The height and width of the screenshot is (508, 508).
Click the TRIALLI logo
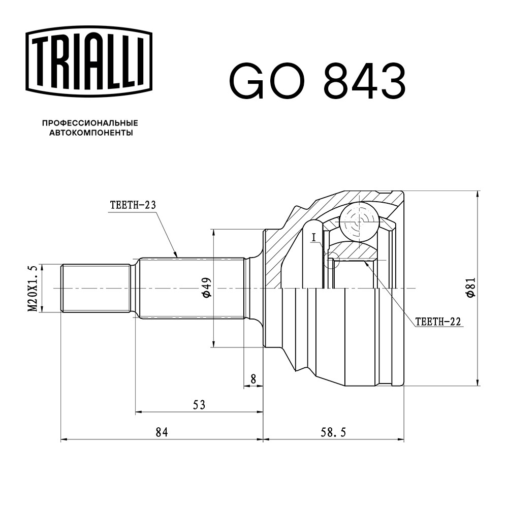click(x=89, y=61)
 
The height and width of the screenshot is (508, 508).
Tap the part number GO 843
click(x=317, y=81)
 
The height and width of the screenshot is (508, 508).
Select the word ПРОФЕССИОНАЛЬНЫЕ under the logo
click(x=90, y=123)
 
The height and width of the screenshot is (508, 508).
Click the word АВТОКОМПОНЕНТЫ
click(x=91, y=133)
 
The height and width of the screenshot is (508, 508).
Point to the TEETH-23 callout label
click(x=133, y=205)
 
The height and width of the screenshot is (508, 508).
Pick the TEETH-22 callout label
click(x=438, y=322)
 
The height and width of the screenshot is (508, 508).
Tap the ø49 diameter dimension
click(x=207, y=288)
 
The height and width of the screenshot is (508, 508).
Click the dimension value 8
click(x=253, y=379)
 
